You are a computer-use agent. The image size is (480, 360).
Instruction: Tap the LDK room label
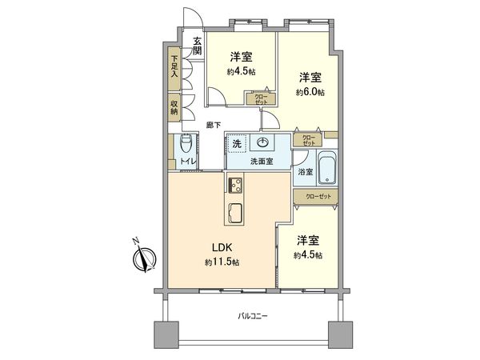pos(222,246)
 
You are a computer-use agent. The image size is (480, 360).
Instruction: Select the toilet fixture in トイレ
pos(186,145)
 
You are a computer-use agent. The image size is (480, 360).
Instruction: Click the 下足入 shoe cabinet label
pos(174,66)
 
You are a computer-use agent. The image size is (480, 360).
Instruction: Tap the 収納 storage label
pos(174,106)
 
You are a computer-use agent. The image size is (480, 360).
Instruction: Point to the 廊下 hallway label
pos(214,124)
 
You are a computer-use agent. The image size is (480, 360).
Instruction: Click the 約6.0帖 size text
pos(310,93)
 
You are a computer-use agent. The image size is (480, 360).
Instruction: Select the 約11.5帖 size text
pos(222,262)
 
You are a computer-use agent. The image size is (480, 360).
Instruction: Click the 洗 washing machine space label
pos(237,144)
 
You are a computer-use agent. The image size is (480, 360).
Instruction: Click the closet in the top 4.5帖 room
pos(261,100)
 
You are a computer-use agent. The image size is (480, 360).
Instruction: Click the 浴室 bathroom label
pos(305,172)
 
